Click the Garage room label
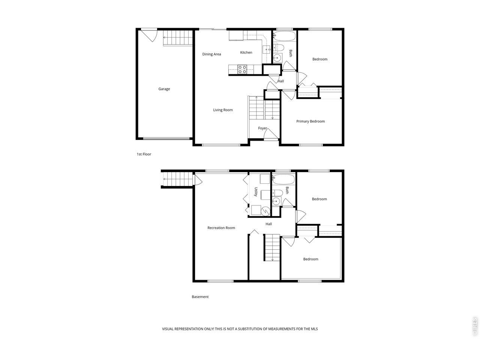(x=164, y=89)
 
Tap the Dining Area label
(x=211, y=54)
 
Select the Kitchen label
(x=246, y=52)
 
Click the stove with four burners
(x=242, y=69)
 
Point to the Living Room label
(x=223, y=110)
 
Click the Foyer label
(x=262, y=128)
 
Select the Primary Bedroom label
(x=310, y=121)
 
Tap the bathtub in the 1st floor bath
(x=284, y=36)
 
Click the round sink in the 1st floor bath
(x=277, y=58)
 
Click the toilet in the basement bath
(x=277, y=193)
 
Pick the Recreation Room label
(x=221, y=228)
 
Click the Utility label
(x=256, y=192)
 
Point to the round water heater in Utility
(x=265, y=211)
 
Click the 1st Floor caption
(x=144, y=154)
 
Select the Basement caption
(x=200, y=297)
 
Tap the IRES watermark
(x=474, y=327)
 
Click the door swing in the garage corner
(x=149, y=35)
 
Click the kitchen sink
(x=266, y=49)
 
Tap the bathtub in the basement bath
(x=283, y=179)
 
